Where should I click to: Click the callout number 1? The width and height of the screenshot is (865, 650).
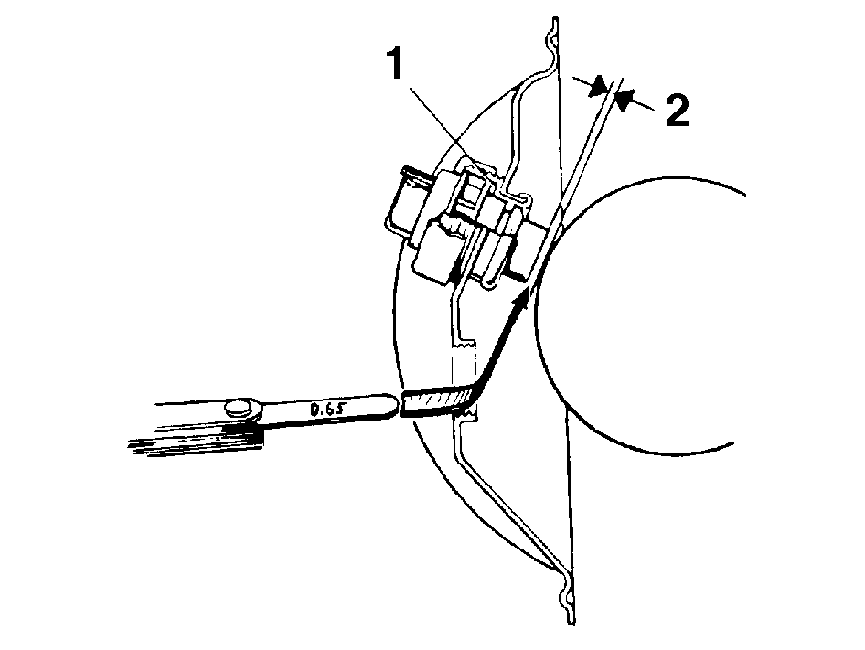click(x=395, y=64)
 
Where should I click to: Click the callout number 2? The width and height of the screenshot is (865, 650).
click(x=677, y=110)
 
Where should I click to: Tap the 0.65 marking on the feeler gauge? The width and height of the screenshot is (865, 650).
click(x=327, y=409)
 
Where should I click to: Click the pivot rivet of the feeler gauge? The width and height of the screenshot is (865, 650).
click(x=240, y=409)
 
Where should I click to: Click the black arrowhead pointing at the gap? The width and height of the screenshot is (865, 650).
click(x=520, y=302)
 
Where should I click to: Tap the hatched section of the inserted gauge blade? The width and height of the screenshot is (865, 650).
click(x=436, y=400)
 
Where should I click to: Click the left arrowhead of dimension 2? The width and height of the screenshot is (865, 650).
click(x=598, y=88)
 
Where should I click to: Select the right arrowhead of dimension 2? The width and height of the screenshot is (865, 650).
click(x=624, y=100)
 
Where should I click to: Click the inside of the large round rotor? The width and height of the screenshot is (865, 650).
click(x=640, y=315)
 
